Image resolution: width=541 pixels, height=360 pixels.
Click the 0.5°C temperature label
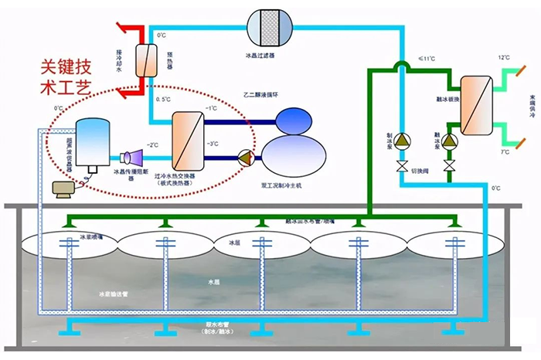pos(163,100)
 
